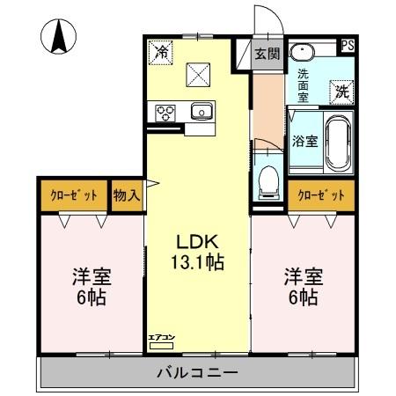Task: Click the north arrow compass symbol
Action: pos(59,37)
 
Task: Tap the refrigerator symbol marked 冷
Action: pos(162,53)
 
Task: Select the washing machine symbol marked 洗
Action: pos(341,90)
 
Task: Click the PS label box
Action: pos(348,47)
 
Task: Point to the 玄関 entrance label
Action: pos(268,54)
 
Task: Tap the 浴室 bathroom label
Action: pos(304,141)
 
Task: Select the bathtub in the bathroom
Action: pos(340,143)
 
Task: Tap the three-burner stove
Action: pos(166,112)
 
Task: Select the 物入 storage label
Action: pos(127,194)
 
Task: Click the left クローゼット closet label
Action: pos(72,194)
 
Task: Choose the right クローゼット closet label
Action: pos(320,194)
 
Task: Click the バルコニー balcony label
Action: pos(197,372)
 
